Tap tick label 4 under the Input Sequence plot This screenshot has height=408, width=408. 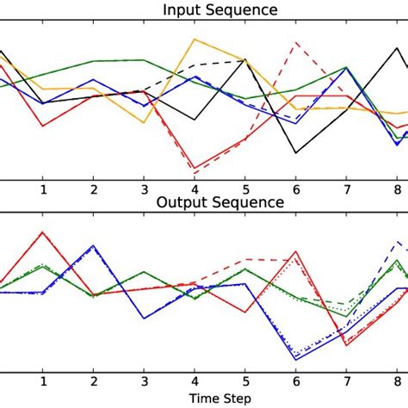click(x=195, y=189)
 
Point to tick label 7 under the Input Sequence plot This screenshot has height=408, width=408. click(x=347, y=189)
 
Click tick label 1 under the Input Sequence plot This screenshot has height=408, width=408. click(x=42, y=189)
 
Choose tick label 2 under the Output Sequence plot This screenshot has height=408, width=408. click(x=93, y=382)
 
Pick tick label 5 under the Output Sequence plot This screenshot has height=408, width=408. click(x=245, y=382)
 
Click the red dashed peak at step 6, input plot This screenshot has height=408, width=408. click(x=296, y=43)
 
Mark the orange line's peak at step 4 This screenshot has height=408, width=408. click(x=195, y=39)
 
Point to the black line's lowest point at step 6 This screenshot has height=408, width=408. click(x=296, y=153)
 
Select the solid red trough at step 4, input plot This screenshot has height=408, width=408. click(x=195, y=168)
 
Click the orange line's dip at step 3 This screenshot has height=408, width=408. click(x=144, y=122)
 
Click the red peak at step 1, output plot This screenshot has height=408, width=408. click(x=42, y=232)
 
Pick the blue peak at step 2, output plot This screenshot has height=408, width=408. click(x=93, y=246)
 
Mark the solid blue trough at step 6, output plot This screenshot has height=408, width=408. click(x=296, y=357)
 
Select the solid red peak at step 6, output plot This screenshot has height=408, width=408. click(x=296, y=253)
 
